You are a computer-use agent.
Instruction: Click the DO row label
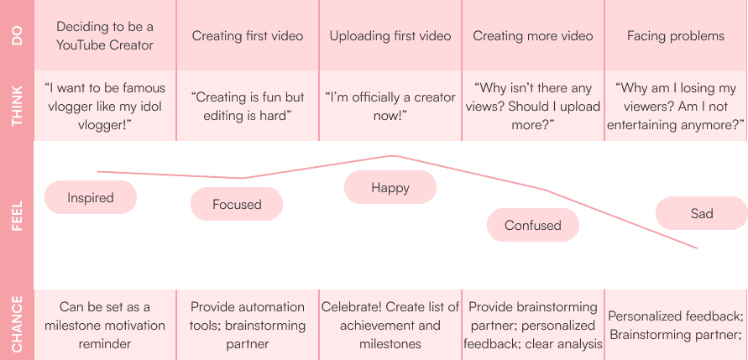(17, 35)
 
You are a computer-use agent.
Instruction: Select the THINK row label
(17, 106)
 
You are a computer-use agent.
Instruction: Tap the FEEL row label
(17, 215)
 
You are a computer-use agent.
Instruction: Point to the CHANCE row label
(17, 325)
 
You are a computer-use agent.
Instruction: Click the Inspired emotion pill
(91, 198)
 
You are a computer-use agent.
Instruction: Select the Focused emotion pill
(237, 204)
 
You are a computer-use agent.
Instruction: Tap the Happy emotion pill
(390, 187)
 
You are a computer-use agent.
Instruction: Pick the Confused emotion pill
(533, 225)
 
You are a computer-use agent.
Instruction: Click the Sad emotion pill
(701, 213)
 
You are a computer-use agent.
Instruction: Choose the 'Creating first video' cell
(248, 36)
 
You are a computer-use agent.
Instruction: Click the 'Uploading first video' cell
(390, 36)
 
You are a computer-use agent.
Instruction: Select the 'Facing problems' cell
(676, 36)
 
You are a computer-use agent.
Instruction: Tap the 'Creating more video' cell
(533, 36)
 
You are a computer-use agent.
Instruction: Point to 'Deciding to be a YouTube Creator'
(105, 36)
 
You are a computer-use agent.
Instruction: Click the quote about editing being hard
(248, 107)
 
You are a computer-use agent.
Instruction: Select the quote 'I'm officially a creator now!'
(390, 107)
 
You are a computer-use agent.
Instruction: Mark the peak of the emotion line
(392, 155)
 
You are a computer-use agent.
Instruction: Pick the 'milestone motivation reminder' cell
(105, 325)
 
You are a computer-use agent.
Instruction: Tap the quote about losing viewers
(676, 106)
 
